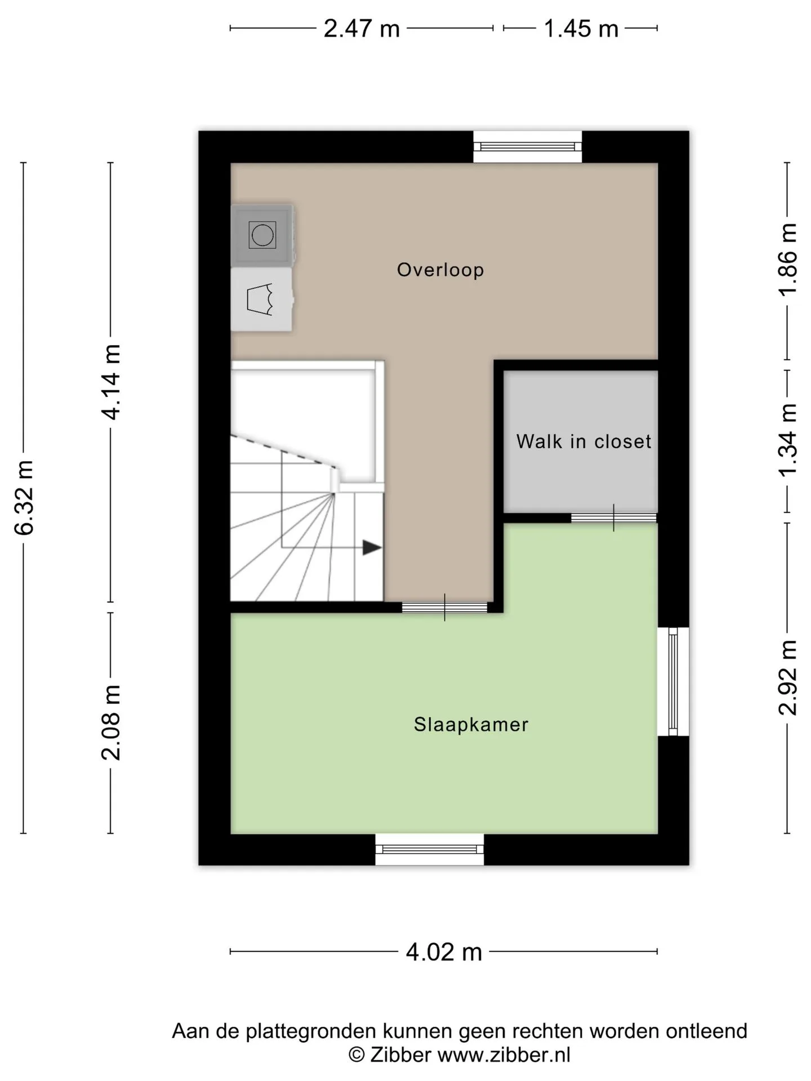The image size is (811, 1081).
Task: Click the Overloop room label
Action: (440, 270)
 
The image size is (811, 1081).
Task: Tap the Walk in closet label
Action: (583, 441)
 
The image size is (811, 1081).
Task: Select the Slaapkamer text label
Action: (471, 725)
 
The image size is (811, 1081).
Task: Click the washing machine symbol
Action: (262, 235)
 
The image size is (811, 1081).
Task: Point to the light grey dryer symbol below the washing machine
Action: (261, 300)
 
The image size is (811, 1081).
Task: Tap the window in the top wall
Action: (527, 147)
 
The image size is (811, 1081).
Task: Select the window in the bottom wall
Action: (430, 849)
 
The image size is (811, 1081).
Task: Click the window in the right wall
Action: (673, 681)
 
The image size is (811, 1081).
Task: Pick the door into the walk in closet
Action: (614, 518)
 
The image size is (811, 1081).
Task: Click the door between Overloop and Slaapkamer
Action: (444, 607)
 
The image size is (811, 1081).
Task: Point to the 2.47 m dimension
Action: (362, 28)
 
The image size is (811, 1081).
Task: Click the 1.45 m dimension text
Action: (581, 28)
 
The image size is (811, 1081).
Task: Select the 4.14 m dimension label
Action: (111, 382)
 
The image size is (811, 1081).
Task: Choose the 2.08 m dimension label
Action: (111, 723)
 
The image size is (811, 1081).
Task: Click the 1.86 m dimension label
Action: (788, 258)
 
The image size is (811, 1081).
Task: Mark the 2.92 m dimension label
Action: (788, 678)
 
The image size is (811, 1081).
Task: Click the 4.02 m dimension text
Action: (444, 952)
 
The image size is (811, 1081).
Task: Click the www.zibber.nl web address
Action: (504, 1054)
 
